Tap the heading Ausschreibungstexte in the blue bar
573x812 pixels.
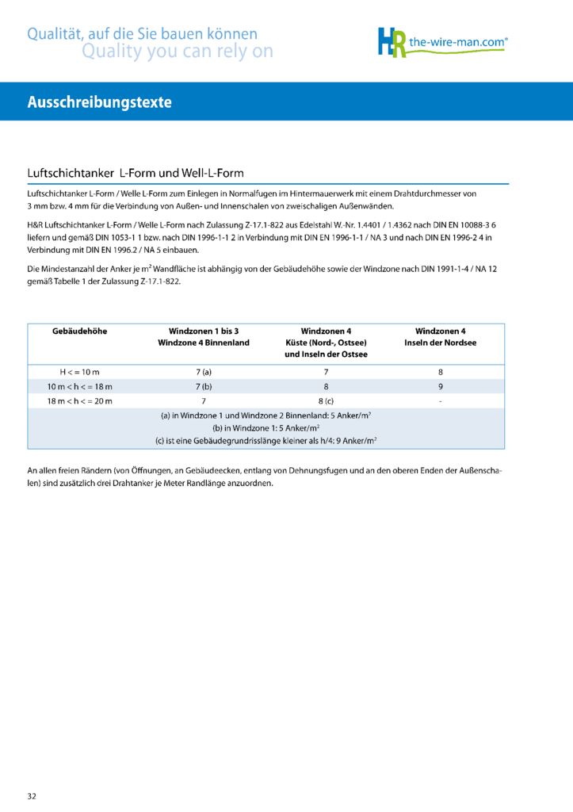click(99, 102)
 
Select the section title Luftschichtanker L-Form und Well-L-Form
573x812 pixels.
click(136, 172)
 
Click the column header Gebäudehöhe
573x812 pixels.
click(79, 330)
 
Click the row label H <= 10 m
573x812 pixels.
click(79, 372)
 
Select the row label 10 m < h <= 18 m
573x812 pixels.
click(79, 386)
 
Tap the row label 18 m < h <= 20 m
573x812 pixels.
click(79, 401)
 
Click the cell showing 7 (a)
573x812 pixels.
click(204, 372)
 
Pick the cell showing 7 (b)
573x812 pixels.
click(204, 386)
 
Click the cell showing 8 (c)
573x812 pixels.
click(326, 401)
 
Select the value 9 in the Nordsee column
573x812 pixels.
click(441, 386)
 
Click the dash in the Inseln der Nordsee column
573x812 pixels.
click(441, 401)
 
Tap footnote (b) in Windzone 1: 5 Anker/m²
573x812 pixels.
click(266, 427)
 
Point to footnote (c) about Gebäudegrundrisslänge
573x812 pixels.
click(266, 440)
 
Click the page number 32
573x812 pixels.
click(32, 795)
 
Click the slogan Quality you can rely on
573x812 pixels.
click(178, 52)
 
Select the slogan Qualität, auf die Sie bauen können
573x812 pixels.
click(143, 34)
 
